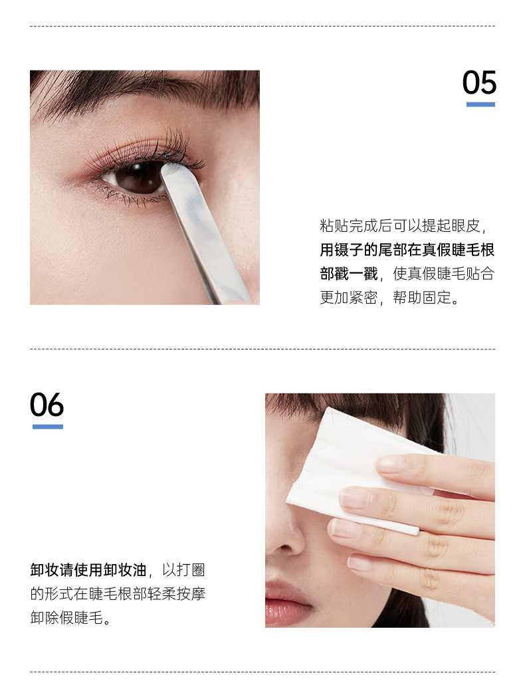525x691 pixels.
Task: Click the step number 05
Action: (479, 82)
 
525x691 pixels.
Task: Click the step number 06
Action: (47, 405)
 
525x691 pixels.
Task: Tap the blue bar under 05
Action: (480, 104)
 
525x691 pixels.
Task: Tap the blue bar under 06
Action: (48, 427)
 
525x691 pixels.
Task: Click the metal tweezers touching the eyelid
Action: (203, 229)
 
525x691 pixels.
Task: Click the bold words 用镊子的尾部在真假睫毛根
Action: (407, 250)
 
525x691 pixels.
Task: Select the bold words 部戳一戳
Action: (349, 274)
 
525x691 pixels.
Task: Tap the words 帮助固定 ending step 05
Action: (422, 298)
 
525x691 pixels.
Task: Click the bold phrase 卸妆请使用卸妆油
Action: (88, 570)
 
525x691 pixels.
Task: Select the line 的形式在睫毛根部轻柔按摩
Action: (118, 593)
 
